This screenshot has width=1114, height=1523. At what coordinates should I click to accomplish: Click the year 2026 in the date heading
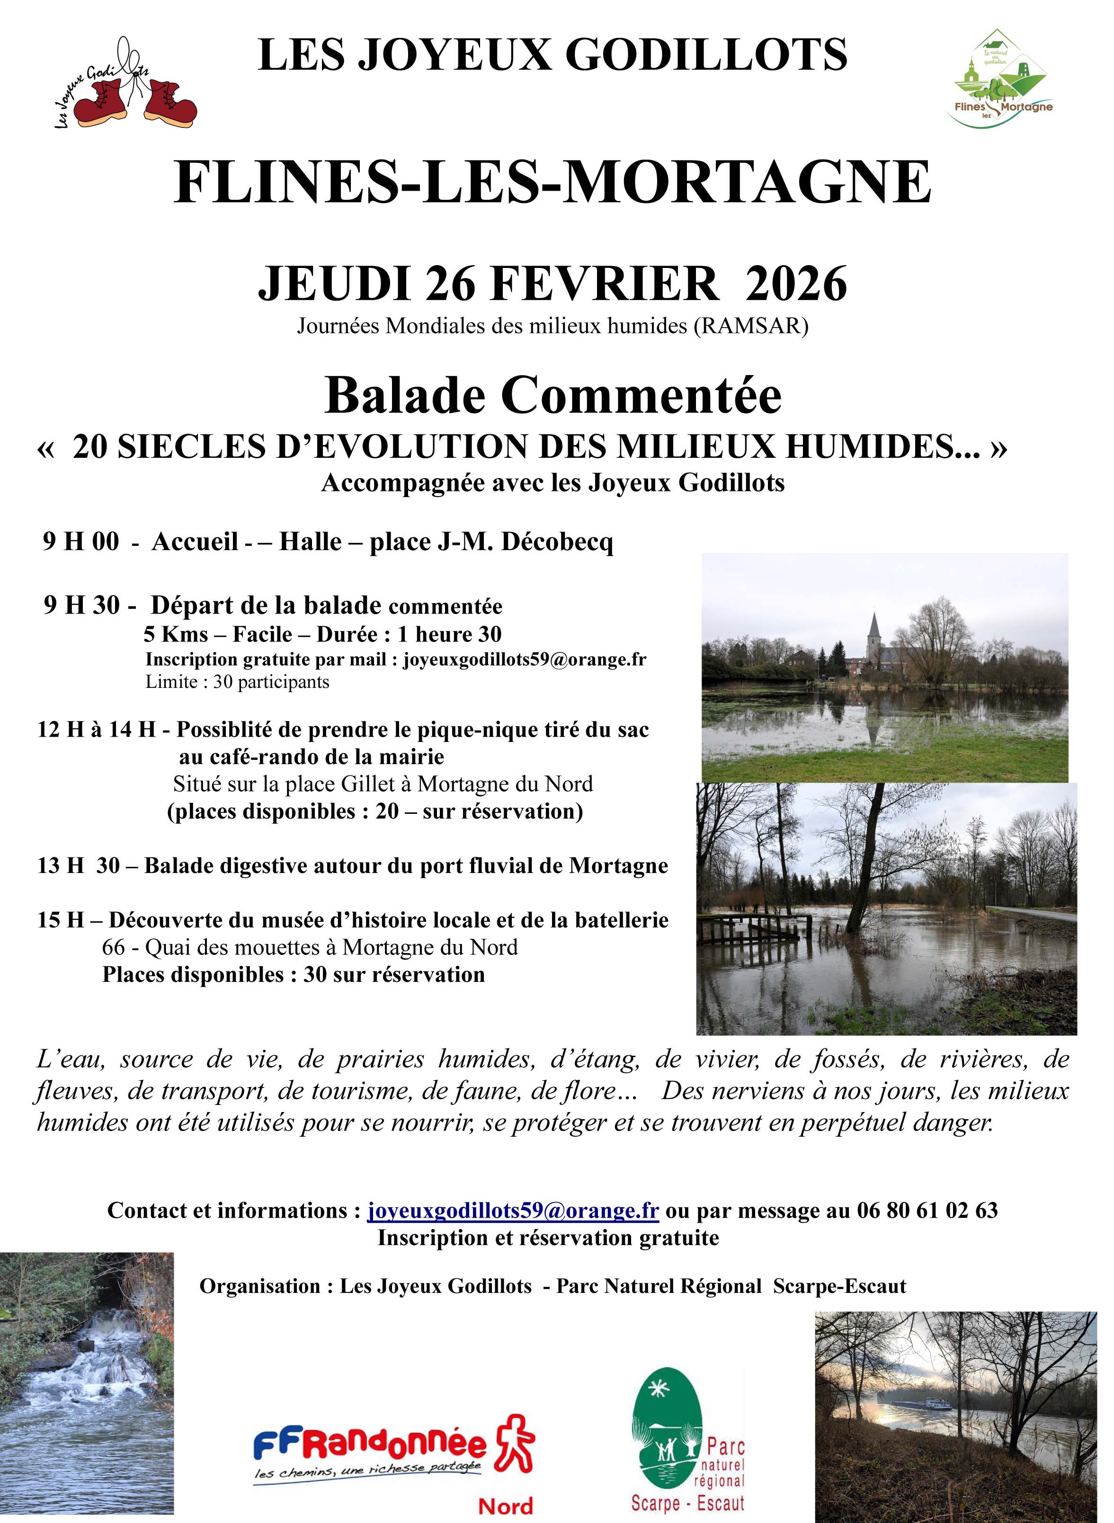point(796,284)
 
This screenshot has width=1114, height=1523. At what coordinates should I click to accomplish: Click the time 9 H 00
point(81,542)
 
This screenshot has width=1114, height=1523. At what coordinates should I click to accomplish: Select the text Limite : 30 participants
point(237,682)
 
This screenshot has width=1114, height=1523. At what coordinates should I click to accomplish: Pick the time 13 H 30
point(79,866)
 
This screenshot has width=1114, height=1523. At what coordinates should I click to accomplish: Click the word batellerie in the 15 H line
point(622,920)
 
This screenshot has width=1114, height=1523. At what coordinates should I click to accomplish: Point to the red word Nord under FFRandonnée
point(506,1505)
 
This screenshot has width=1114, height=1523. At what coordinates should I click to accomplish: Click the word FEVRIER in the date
point(605,284)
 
